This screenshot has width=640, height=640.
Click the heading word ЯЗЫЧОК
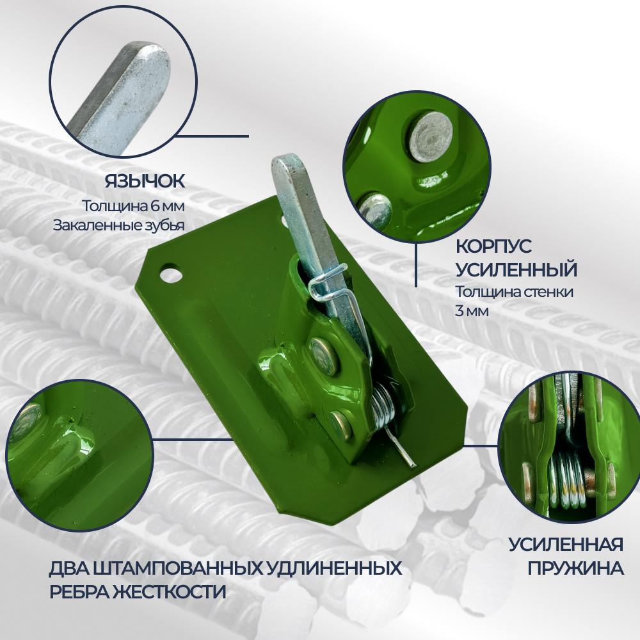click(x=145, y=181)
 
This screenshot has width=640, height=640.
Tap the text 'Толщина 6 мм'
click(x=134, y=205)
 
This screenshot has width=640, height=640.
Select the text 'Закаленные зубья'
click(x=119, y=225)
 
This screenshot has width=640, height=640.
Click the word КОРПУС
click(x=493, y=246)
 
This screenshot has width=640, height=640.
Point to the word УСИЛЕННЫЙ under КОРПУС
click(x=516, y=269)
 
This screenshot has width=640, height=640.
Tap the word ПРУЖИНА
click(x=575, y=568)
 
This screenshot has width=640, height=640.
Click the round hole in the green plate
click(x=171, y=274)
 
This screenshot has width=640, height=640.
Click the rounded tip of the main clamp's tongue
click(x=285, y=162)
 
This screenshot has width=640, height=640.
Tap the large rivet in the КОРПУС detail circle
click(x=431, y=136)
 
